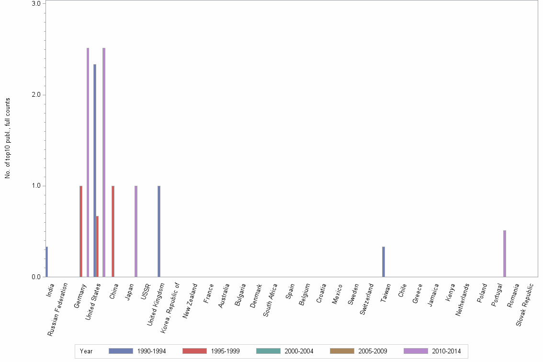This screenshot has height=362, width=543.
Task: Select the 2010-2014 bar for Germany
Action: point(88,162)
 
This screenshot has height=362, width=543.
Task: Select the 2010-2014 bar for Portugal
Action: point(505,254)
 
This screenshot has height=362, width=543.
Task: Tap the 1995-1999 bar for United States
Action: point(97,247)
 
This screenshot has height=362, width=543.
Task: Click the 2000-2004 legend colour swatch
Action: point(268,351)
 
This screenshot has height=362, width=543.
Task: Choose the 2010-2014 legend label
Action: point(446,351)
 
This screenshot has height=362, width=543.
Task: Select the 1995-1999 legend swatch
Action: point(194,351)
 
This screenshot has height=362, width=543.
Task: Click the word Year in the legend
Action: point(87,351)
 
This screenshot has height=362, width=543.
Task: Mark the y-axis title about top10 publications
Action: point(8,138)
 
